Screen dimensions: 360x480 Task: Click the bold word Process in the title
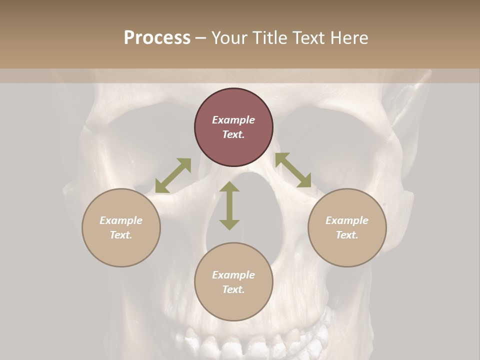pyautogui.click(x=157, y=38)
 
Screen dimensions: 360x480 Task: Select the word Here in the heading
pyautogui.click(x=350, y=38)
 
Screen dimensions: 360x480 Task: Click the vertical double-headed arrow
pyautogui.click(x=229, y=205)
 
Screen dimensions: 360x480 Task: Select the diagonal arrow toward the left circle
pyautogui.click(x=173, y=175)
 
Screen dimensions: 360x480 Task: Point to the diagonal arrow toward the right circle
pyautogui.click(x=293, y=170)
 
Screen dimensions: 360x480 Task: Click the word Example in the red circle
pyautogui.click(x=233, y=120)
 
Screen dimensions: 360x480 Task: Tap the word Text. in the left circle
pyautogui.click(x=121, y=235)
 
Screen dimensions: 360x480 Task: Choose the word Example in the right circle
pyautogui.click(x=347, y=220)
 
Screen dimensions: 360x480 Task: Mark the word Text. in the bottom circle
pyautogui.click(x=233, y=289)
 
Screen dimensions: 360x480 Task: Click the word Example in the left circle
pyautogui.click(x=121, y=220)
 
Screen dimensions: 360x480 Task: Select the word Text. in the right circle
pyautogui.click(x=347, y=235)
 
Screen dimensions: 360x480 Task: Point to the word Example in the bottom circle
pyautogui.click(x=233, y=275)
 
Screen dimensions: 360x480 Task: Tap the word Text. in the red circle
pyautogui.click(x=233, y=134)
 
